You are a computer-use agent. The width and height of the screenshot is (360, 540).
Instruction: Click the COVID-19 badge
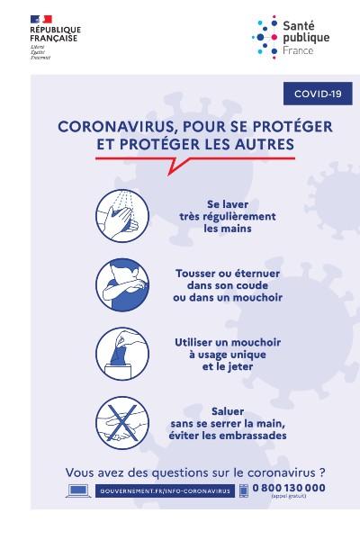click(316, 93)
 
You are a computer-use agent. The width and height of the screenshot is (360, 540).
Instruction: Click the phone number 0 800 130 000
click(290, 488)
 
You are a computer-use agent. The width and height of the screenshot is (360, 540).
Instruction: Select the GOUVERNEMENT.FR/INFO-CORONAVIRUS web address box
click(164, 490)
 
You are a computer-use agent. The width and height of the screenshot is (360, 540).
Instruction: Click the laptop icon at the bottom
click(78, 490)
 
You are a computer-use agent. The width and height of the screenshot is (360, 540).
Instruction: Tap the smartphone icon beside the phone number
click(243, 490)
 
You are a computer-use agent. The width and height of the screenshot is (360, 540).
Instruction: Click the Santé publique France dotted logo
click(266, 34)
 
